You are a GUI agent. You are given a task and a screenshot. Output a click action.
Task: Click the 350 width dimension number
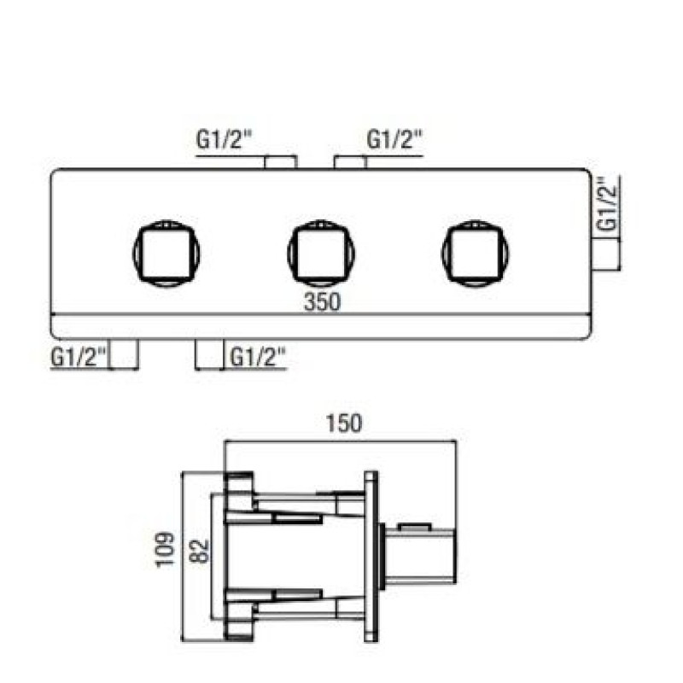322,301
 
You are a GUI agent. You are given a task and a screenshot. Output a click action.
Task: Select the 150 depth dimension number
344,423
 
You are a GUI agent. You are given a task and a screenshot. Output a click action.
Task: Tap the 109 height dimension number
165,549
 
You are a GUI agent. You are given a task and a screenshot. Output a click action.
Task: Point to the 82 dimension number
201,552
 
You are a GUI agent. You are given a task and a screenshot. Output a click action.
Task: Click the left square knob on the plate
166,254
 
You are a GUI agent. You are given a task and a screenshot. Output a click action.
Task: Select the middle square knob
321,254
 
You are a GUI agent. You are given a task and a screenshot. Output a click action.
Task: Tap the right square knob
476,254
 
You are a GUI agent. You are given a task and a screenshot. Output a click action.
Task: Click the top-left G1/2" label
224,140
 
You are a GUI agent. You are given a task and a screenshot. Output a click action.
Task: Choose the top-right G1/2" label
394,139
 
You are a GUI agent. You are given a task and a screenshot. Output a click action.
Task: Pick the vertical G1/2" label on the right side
608,203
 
